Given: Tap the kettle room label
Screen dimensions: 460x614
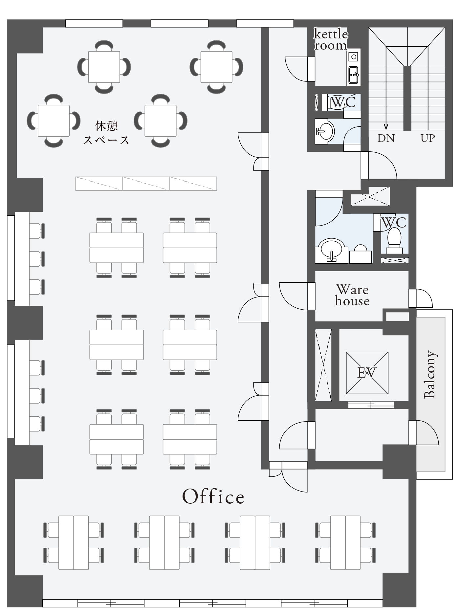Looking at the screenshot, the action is coord(331,39).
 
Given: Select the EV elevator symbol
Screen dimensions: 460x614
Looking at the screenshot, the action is coord(367,373).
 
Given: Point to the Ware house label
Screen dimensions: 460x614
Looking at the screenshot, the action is coord(352,295).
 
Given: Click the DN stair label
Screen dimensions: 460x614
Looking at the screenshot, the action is coord(386,138).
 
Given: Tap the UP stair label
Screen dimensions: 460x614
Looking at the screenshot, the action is coord(428,138).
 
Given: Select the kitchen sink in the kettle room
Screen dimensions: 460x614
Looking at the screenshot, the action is coord(353,75).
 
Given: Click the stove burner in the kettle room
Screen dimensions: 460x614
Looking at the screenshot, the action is coord(354,57).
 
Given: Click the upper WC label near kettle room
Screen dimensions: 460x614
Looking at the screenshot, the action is coord(343,102).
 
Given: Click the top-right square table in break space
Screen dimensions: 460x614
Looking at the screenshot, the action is coord(216,67).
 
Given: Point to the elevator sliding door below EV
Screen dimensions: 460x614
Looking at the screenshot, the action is coord(371,405).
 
